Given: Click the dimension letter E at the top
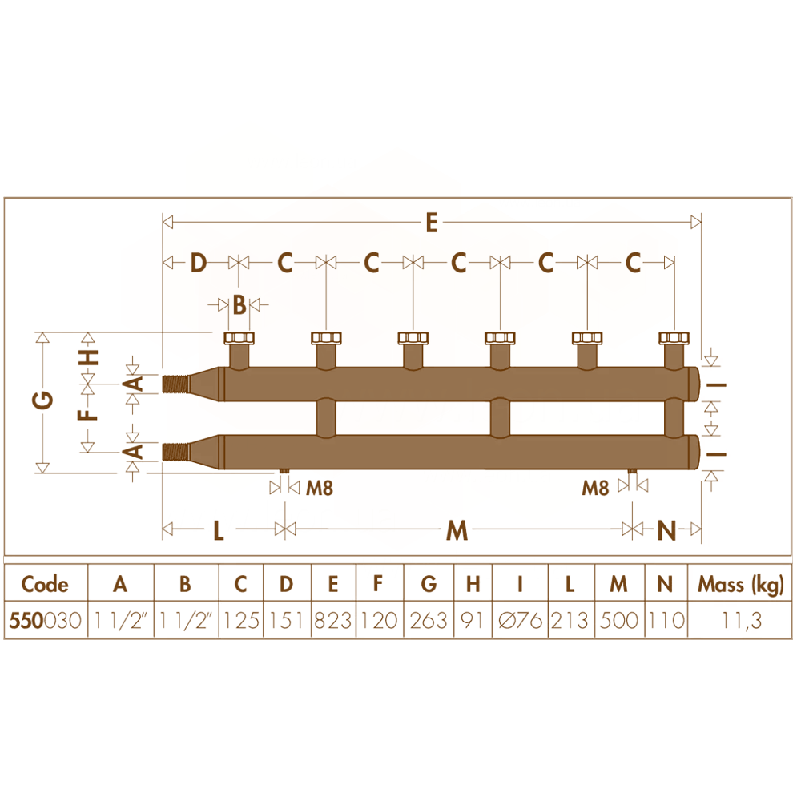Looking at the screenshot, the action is (x=432, y=223).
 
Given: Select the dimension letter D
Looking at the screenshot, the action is (x=198, y=263).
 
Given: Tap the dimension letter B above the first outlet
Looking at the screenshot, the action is (x=239, y=305).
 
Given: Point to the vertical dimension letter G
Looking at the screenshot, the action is (x=43, y=400).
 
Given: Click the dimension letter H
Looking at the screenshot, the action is (x=88, y=357).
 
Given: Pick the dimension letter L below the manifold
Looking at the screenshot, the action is (x=219, y=530).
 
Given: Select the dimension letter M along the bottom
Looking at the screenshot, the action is (x=457, y=530).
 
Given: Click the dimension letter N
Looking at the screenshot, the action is (x=666, y=530).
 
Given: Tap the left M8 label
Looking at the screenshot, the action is (x=320, y=489).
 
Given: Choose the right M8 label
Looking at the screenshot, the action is (x=595, y=489).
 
